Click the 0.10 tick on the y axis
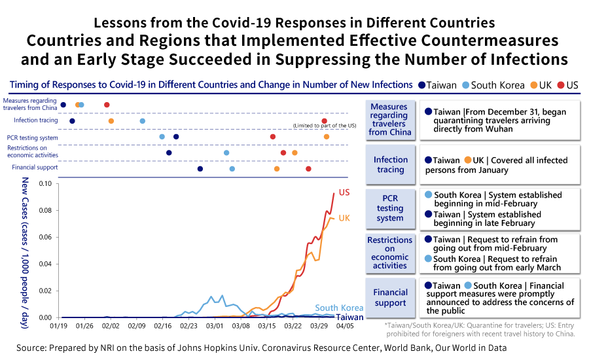[46, 184]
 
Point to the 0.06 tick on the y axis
[46, 238]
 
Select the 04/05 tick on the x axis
[345, 325]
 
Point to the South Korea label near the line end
[338, 308]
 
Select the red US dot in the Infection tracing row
[325, 121]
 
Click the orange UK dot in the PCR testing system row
[327, 137]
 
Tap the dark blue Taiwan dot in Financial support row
[200, 169]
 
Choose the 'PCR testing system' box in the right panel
[390, 207]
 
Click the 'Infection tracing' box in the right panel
[390, 164]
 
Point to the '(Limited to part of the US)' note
[325, 126]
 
